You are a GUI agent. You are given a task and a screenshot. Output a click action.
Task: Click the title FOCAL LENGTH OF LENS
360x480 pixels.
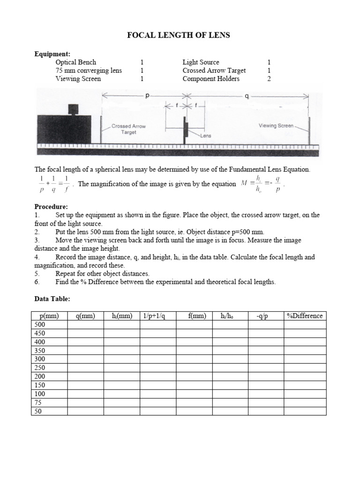click(x=180, y=35)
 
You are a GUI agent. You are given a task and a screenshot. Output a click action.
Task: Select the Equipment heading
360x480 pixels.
click(x=52, y=54)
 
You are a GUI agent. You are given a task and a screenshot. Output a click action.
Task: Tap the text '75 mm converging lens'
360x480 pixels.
click(x=89, y=70)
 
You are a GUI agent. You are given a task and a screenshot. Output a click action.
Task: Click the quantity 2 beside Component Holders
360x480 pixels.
click(x=269, y=79)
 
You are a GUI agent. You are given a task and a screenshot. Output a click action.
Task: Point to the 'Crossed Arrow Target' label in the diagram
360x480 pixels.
click(x=128, y=129)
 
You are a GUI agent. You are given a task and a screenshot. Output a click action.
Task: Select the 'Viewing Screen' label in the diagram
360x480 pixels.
click(x=276, y=126)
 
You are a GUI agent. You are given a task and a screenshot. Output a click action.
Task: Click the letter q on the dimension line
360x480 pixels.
click(x=247, y=96)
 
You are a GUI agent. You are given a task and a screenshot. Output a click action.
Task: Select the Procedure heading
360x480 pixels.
click(x=51, y=207)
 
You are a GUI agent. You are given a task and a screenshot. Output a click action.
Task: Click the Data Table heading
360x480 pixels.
click(x=52, y=299)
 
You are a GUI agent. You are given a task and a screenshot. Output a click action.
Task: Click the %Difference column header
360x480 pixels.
click(x=304, y=316)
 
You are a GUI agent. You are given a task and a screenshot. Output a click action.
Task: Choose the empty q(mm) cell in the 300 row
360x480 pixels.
click(x=85, y=359)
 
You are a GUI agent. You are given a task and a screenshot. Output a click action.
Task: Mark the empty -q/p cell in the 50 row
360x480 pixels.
click(x=265, y=411)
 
